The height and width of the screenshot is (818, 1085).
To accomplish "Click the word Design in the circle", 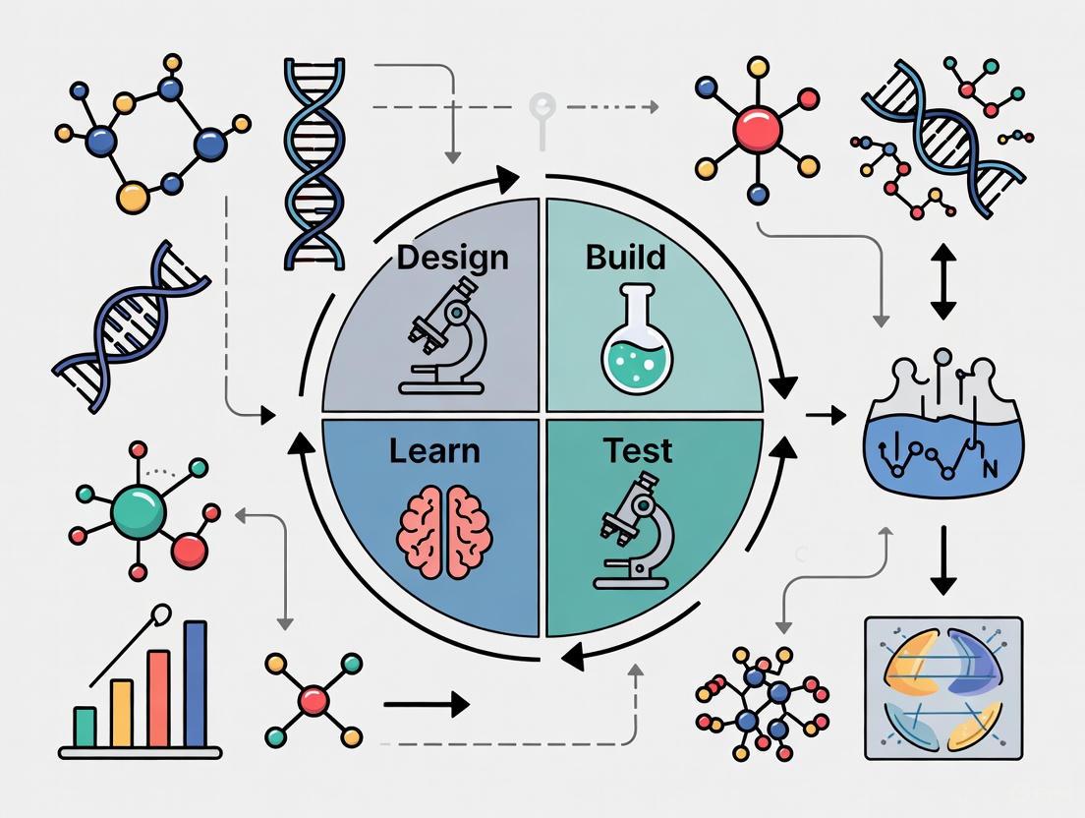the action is pos(453,258).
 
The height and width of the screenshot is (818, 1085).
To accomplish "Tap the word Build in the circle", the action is pos(625,258).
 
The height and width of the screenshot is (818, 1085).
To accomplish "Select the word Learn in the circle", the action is pos(434,451).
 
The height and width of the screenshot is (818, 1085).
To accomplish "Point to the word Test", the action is pos(637,451).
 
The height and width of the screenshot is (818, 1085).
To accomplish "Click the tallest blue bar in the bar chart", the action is pos(195,684).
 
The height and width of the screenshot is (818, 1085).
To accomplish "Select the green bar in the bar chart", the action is pos(86,727).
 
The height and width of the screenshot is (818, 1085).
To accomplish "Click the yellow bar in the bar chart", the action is pos(121,714).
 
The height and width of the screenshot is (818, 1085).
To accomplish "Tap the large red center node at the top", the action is pos(757,127).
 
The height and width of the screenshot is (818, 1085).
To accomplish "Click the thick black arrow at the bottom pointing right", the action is pos(426,704).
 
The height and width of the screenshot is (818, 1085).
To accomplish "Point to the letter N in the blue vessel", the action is pos(990,466).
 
